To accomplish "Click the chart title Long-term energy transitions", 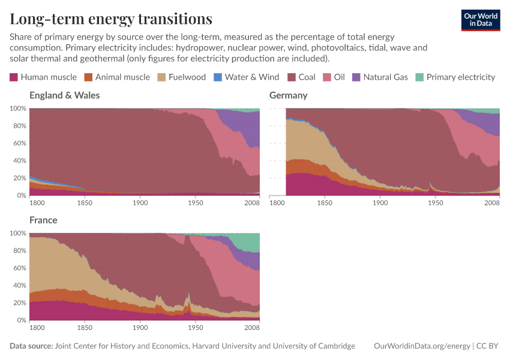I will pos(111,19).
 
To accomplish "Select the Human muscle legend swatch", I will pos(14,77).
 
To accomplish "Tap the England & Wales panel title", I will pos(65,95).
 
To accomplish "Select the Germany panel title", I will pos(289,95).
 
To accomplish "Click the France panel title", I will pos(43,220).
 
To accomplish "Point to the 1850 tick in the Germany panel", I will pos(325,203).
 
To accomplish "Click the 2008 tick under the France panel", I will pos(251,328).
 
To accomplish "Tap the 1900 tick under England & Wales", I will pos(140,203).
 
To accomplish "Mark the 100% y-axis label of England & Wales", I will pos(18,109).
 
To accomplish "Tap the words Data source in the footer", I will pos(31,346).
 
